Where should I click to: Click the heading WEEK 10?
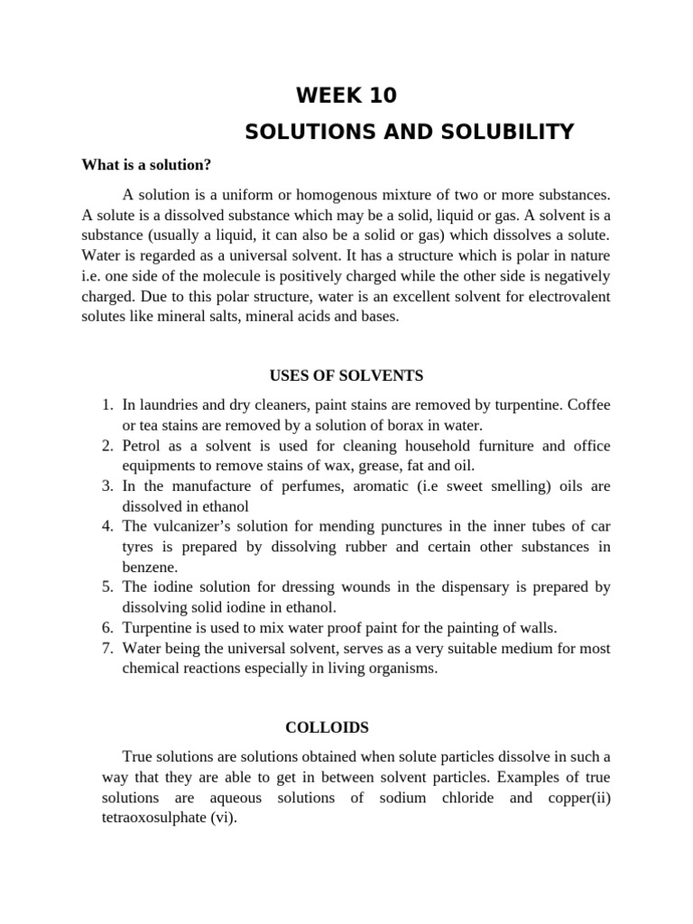346,96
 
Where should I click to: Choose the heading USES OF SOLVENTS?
346,374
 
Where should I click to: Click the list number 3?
106,485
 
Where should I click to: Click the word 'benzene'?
149,567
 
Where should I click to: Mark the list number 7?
106,648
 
